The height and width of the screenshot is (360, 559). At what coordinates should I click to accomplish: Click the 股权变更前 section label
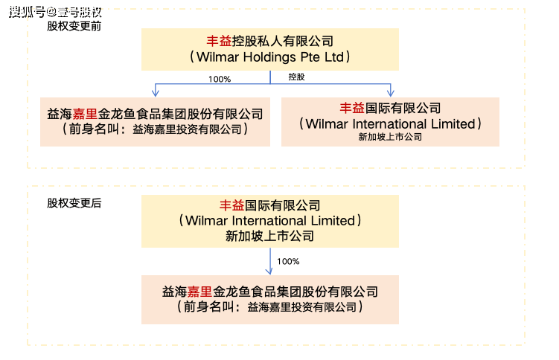[x=74, y=25]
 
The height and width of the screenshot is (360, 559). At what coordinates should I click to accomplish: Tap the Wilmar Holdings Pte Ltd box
[x=270, y=49]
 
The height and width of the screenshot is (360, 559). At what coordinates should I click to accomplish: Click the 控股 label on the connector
[x=296, y=77]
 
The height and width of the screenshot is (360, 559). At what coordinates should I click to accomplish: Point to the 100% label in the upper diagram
[x=220, y=78]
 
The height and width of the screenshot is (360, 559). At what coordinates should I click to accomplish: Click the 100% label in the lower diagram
[x=288, y=261]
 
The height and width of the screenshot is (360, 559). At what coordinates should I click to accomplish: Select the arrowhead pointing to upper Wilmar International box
[x=390, y=92]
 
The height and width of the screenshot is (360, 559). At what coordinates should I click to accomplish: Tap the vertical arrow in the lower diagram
[x=270, y=260]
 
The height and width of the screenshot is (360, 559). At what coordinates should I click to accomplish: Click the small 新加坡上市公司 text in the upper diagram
[x=390, y=137]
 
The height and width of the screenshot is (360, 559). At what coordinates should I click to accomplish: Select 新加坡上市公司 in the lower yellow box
[x=270, y=237]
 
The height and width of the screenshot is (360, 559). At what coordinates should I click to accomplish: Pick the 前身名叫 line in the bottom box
[x=270, y=306]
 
